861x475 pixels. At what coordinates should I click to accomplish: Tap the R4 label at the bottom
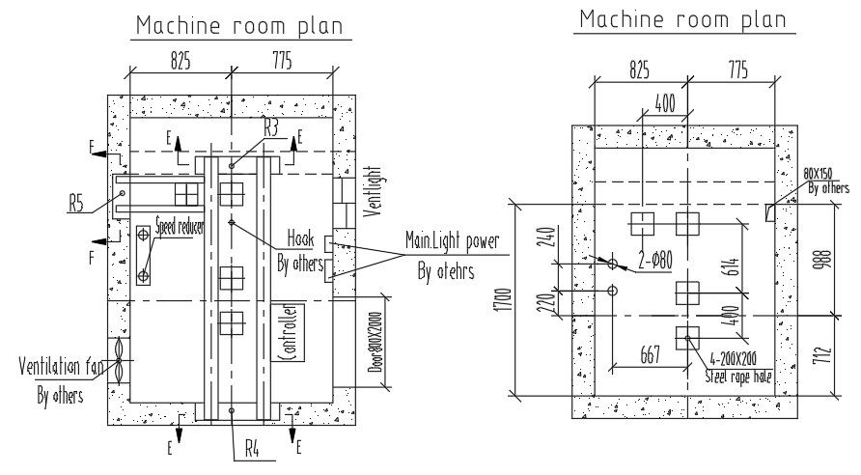(x=253, y=448)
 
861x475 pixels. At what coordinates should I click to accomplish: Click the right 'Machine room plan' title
(x=682, y=18)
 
